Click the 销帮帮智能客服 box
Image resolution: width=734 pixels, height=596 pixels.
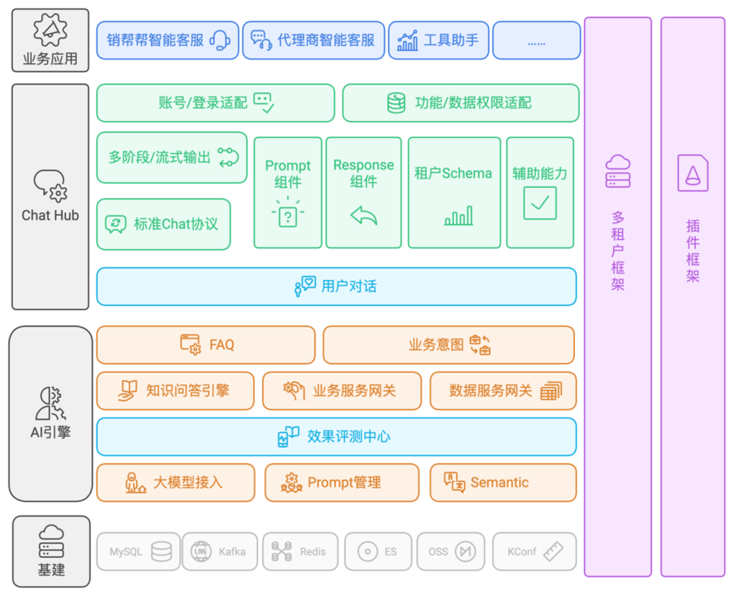click(x=168, y=40)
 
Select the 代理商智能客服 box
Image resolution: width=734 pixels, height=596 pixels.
click(x=313, y=40)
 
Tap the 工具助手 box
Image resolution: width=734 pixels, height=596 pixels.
click(x=438, y=40)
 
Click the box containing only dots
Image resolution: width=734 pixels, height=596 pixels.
click(x=536, y=40)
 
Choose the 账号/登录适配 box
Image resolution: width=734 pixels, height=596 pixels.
click(x=216, y=103)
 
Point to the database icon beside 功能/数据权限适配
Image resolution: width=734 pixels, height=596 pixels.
click(x=396, y=102)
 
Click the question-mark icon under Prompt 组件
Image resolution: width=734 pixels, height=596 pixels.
click(x=287, y=213)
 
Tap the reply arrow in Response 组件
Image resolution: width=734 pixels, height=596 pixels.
click(x=364, y=216)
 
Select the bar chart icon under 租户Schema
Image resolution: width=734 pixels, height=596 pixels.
click(x=459, y=216)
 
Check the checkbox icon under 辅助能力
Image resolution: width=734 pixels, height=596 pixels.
click(x=540, y=203)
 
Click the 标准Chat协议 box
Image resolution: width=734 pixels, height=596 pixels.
click(x=164, y=224)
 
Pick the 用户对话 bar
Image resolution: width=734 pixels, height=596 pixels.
click(x=337, y=286)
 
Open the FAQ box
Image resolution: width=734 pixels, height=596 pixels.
click(x=206, y=345)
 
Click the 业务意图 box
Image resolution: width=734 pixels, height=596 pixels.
click(x=449, y=345)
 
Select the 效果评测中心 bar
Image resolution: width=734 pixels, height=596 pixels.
click(x=337, y=437)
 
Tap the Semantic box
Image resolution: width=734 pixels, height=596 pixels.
click(x=504, y=483)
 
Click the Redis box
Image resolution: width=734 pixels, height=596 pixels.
click(x=300, y=552)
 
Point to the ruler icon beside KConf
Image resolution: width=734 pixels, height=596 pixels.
click(x=553, y=552)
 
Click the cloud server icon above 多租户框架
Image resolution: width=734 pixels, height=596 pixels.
click(x=618, y=172)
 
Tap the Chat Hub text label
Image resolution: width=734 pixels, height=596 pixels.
click(x=50, y=216)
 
